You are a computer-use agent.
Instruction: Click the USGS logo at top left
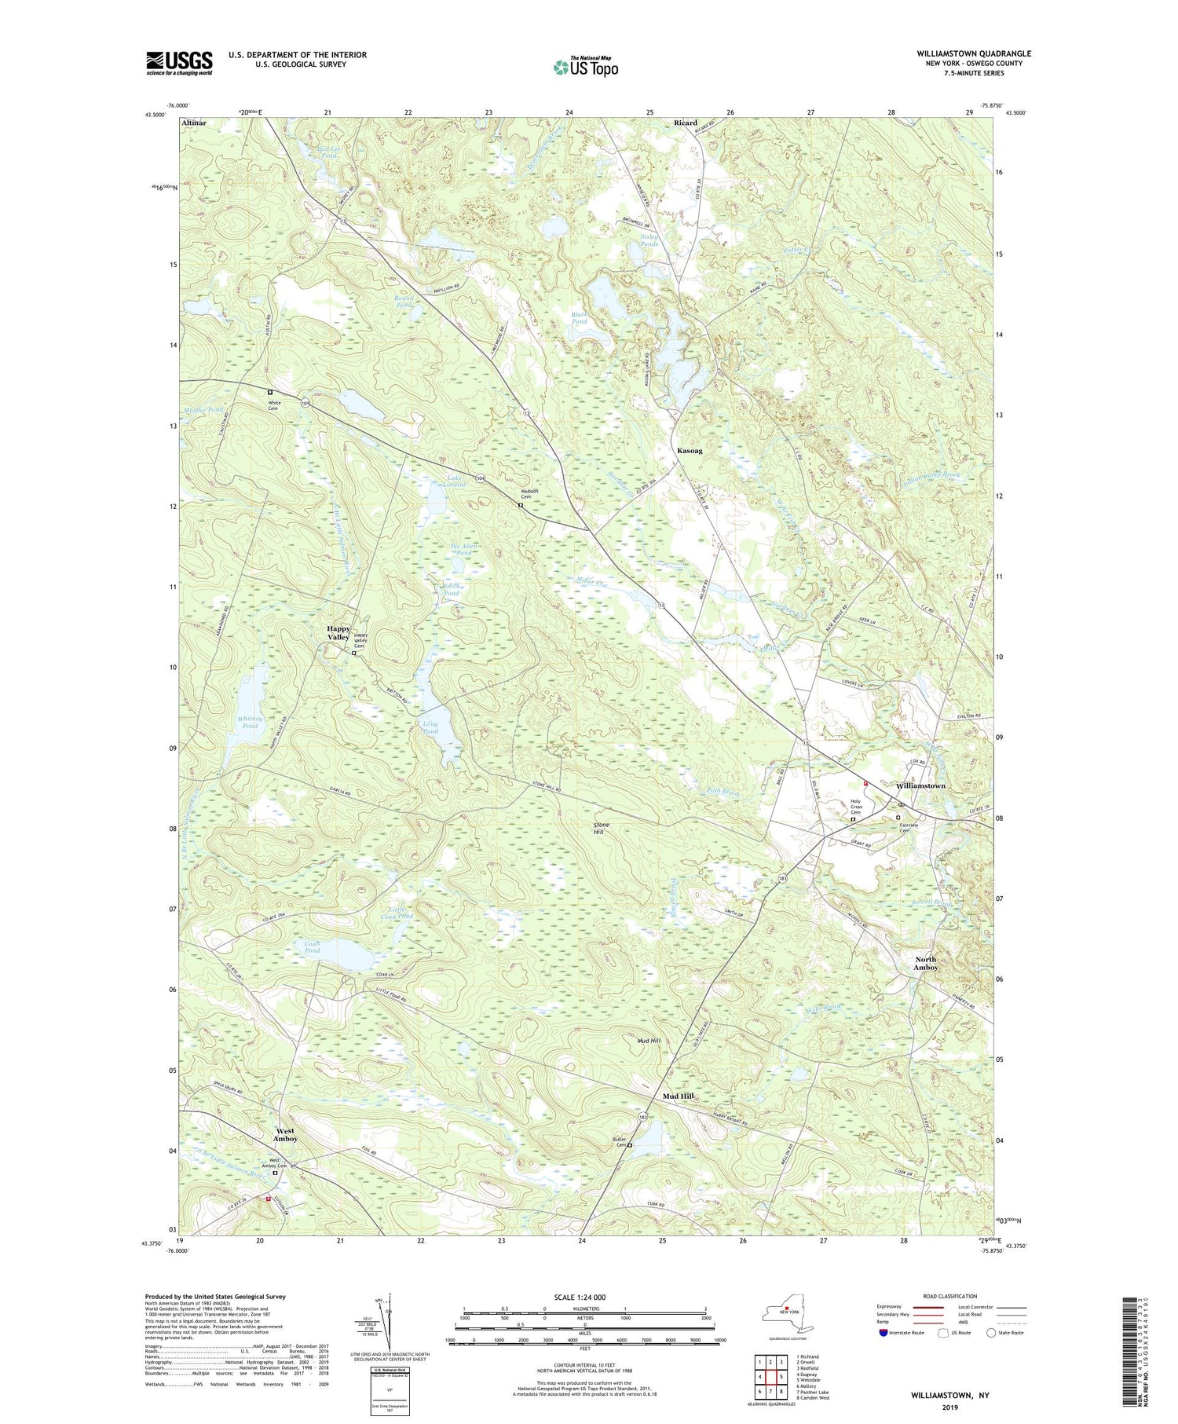point(179,63)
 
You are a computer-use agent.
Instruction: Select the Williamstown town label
point(920,785)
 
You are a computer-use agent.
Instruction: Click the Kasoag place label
point(690,452)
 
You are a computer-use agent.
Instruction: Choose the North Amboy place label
point(926,964)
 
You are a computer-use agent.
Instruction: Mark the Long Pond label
point(430,727)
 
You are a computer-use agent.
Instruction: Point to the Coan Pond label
point(306,947)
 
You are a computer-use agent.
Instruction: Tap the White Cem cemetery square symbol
point(270,392)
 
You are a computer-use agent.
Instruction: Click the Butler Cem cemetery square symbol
point(629,1145)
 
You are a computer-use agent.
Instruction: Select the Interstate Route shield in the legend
point(883,1333)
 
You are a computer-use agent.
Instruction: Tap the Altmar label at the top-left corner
point(193,123)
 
